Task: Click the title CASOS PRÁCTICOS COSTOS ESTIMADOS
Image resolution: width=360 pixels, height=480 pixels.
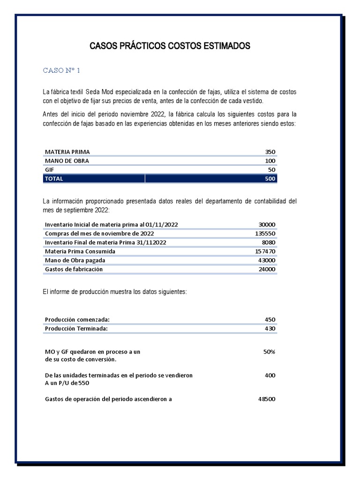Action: pos(170,46)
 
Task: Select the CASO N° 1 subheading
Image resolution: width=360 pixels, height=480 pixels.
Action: pos(61,70)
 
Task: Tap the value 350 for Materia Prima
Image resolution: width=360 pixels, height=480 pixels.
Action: pos(270,152)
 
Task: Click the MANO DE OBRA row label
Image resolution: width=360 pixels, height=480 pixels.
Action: pos(67,161)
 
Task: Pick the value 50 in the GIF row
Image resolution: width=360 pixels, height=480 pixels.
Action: pos(272,170)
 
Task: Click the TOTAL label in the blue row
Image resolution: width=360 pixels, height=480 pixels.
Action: pos(54,179)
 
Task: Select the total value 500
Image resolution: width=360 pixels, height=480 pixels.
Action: pos(270,179)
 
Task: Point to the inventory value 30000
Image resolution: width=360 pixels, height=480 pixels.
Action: pos(267,225)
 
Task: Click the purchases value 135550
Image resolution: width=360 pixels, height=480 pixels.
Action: pos(265,233)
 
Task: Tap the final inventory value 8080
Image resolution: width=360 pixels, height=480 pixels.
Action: pos(268,242)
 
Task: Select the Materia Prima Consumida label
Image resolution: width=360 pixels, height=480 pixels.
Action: pos(80,251)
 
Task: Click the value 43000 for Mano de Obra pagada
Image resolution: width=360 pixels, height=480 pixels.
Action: pos(267,260)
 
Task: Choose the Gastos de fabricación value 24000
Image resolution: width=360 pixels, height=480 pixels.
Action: pos(267,269)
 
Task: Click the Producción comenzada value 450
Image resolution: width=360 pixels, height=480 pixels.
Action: pos(270,320)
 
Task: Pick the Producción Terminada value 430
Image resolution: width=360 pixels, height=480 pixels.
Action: pos(270,329)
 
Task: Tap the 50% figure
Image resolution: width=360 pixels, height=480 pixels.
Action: pos(269,352)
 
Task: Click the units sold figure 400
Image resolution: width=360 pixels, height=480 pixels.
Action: pos(270,375)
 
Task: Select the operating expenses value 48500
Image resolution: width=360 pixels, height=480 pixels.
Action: pos(267,399)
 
